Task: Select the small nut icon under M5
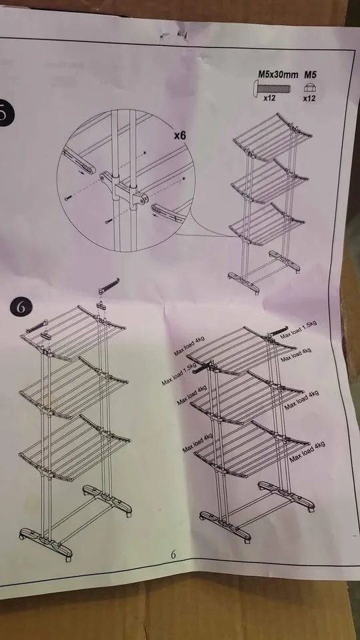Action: [x=309, y=87]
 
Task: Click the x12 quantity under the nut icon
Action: [x=309, y=99]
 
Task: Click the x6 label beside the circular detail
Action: [x=179, y=135]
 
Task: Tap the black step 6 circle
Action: [x=21, y=307]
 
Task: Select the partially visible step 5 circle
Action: [x=5, y=113]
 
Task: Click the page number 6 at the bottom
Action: [x=172, y=555]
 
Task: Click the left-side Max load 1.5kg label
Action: [x=178, y=373]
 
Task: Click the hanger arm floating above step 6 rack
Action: [x=108, y=285]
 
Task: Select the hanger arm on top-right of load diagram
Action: [x=277, y=329]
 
